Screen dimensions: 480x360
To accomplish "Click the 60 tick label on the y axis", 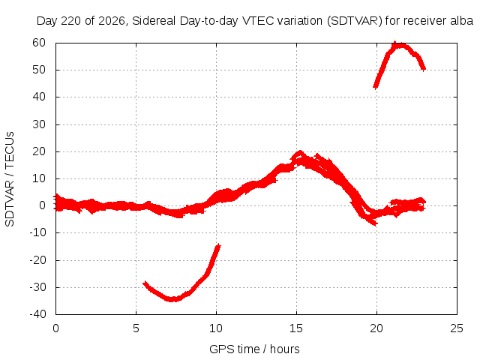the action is (39, 43).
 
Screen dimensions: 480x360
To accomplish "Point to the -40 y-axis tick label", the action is (37, 314).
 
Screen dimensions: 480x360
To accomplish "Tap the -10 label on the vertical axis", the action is (37, 232).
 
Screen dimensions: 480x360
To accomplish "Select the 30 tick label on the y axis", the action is (39, 124).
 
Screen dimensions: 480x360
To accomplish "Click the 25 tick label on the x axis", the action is (457, 328).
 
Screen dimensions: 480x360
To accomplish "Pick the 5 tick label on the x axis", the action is (136, 328).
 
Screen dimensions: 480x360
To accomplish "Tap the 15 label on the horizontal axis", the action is (296, 328).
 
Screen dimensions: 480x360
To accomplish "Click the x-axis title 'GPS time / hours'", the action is (254, 349).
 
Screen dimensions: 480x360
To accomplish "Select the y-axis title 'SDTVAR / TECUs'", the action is (10, 179).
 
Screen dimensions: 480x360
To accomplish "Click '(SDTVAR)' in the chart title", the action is (355, 21).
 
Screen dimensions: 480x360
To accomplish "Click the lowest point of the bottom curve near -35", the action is (172, 299).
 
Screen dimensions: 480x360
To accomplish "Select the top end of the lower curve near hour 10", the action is (219, 245).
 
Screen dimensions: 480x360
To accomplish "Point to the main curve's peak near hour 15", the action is (300, 152).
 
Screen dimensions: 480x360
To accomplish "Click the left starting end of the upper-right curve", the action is (375, 87).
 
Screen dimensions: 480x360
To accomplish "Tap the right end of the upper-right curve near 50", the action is (424, 69).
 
